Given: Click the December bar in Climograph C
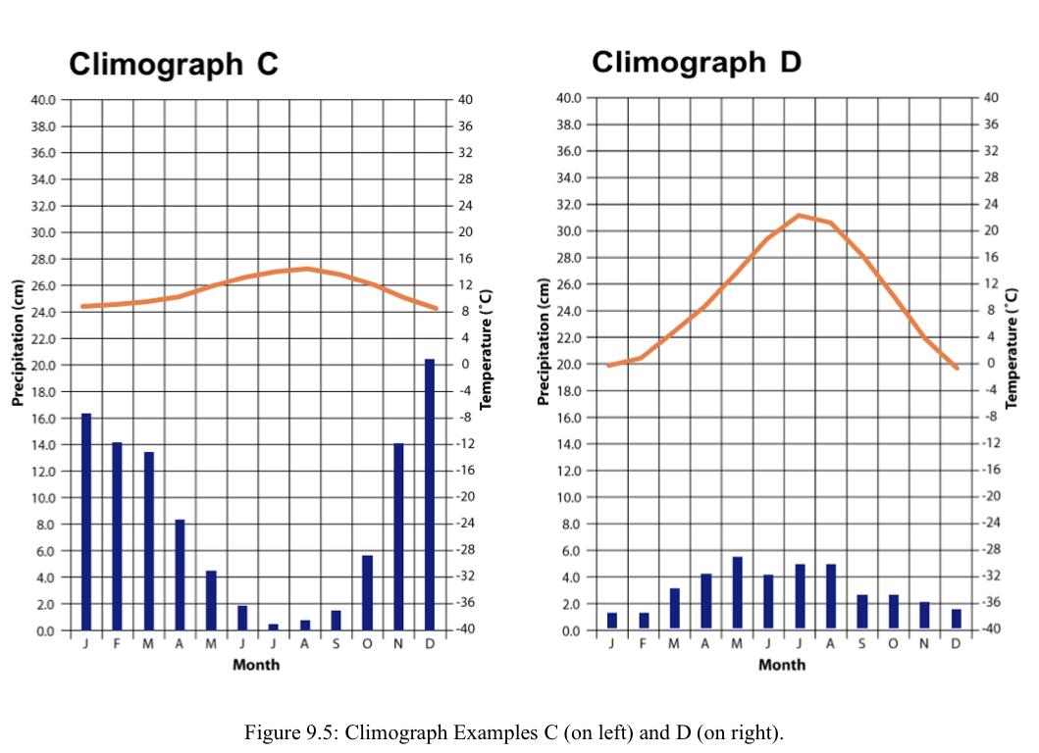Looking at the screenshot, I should point(430,494).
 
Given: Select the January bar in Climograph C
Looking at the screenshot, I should point(86,522).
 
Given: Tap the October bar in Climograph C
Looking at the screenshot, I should point(367,592).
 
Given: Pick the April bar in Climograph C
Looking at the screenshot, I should point(180,575).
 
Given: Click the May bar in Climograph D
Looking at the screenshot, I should point(737,592).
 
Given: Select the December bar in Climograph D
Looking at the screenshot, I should point(956,619).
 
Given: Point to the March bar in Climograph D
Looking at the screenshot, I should point(674,608).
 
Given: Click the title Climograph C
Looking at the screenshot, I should point(174,65).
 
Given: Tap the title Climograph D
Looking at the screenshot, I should point(697,62).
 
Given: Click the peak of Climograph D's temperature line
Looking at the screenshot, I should point(799,215).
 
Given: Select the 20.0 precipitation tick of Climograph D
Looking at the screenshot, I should point(570,364).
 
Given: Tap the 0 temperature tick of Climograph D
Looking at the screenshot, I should point(990,363).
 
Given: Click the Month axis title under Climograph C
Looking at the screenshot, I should point(256,665).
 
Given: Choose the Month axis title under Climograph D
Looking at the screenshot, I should point(782,665).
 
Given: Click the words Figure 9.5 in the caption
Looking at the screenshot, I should point(293,733).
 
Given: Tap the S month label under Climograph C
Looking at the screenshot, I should point(336,643).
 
